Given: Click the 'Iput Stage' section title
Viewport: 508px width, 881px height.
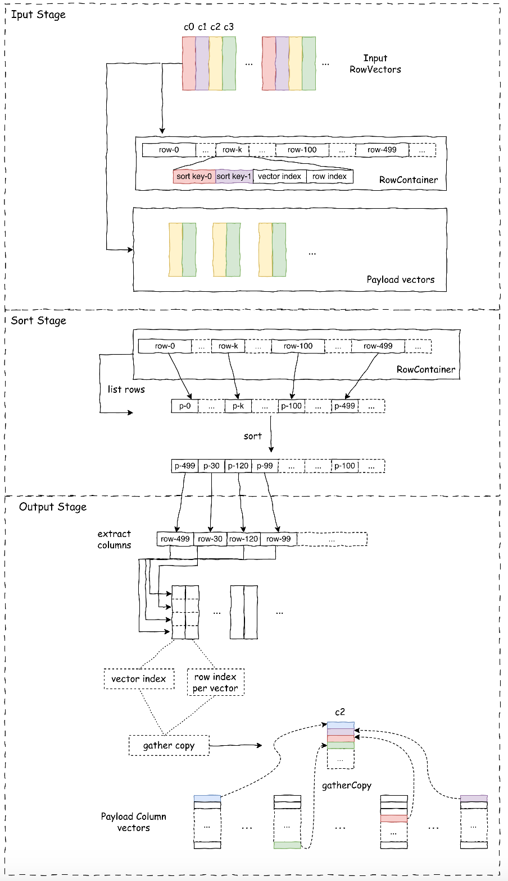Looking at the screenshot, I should point(38,15).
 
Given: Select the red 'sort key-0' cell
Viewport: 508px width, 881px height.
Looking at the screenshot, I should point(194,176).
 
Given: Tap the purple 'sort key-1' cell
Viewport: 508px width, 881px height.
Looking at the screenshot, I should point(234,176).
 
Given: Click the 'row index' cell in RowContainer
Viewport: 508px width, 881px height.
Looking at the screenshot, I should point(329,176).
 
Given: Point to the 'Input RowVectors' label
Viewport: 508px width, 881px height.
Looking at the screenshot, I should point(375,64).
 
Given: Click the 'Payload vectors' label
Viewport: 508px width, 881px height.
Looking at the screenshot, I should point(400,279).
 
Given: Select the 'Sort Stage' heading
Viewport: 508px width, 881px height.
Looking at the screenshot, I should point(39,320).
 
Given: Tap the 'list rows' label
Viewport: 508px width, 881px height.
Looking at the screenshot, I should point(126,389).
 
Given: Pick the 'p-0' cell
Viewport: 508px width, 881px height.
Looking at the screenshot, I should point(185,406).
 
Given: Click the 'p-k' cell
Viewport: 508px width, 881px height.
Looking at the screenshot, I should point(238,406).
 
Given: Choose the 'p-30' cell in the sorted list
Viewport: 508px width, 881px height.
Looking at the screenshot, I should point(211,466).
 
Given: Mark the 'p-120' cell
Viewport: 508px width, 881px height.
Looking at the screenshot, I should point(238,466).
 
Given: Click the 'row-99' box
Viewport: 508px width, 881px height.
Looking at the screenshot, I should point(279,539).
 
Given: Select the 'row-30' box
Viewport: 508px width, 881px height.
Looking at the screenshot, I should point(210,539).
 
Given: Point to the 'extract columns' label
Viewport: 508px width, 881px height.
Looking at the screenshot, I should point(114,539).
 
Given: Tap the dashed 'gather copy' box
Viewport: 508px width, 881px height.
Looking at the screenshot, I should point(169,745).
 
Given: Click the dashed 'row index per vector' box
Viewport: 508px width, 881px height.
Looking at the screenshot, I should point(215,682).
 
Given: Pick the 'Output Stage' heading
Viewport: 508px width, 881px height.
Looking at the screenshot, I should point(53,507).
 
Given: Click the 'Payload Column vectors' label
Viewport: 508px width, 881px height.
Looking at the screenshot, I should point(134,822).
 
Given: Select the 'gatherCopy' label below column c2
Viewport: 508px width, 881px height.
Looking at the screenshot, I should point(346,786).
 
